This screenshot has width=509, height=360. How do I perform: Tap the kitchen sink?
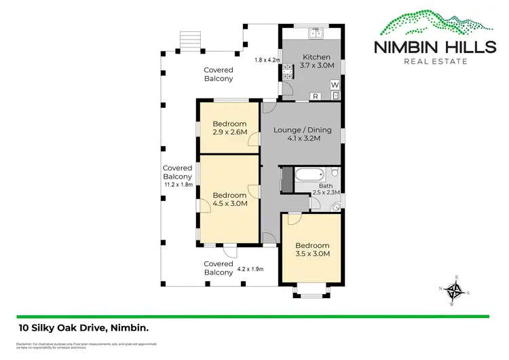[316, 32]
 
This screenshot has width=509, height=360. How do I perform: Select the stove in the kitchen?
[287, 71]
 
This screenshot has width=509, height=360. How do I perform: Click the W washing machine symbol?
[335, 84]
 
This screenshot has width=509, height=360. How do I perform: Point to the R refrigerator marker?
[316, 96]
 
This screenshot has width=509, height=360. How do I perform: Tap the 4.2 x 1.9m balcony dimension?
[250, 269]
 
